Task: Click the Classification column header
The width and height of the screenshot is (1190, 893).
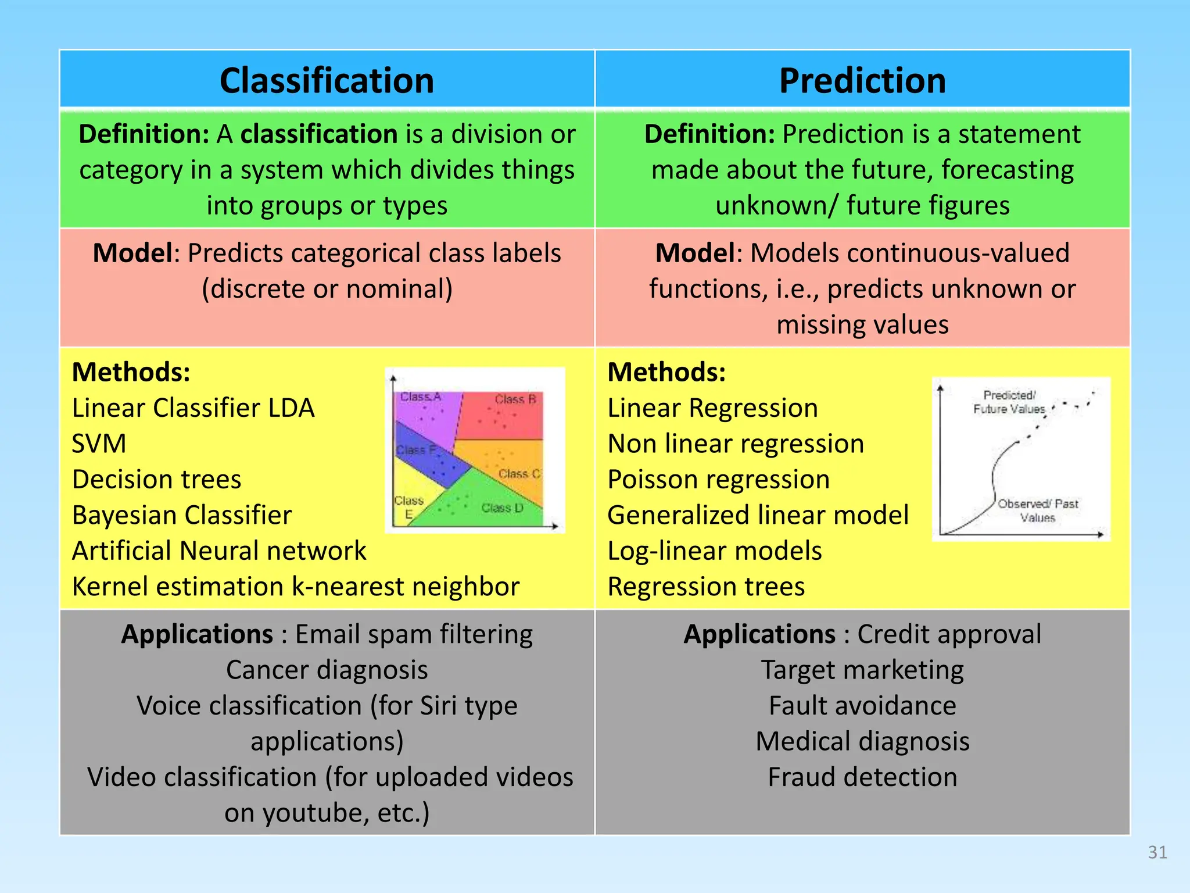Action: click(327, 80)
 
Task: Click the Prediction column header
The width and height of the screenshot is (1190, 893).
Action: click(862, 80)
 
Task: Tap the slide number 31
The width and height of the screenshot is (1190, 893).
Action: click(1157, 852)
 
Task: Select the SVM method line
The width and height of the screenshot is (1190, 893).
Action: click(99, 444)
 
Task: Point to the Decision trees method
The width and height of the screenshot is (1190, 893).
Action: click(156, 480)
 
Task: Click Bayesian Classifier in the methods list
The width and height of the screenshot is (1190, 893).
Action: click(181, 516)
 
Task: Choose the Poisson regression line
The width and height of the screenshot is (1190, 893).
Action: click(718, 480)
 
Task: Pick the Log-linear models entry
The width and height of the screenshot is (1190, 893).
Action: click(714, 551)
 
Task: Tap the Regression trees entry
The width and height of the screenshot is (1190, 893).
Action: click(706, 587)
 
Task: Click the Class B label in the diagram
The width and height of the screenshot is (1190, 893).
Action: click(515, 399)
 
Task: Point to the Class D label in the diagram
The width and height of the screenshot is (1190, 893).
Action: click(502, 508)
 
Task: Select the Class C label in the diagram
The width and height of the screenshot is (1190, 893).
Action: click(519, 474)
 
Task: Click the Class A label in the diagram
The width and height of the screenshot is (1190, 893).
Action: click(421, 397)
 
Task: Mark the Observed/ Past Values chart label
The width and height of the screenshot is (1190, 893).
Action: click(1038, 510)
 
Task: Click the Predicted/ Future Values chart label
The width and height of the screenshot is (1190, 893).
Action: click(1009, 402)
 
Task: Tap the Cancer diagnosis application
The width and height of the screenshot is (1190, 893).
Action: click(327, 670)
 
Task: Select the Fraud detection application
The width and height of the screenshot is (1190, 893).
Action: click(862, 777)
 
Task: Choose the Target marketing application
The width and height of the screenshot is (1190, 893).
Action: click(862, 670)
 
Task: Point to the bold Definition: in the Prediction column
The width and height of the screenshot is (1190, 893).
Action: click(709, 134)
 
